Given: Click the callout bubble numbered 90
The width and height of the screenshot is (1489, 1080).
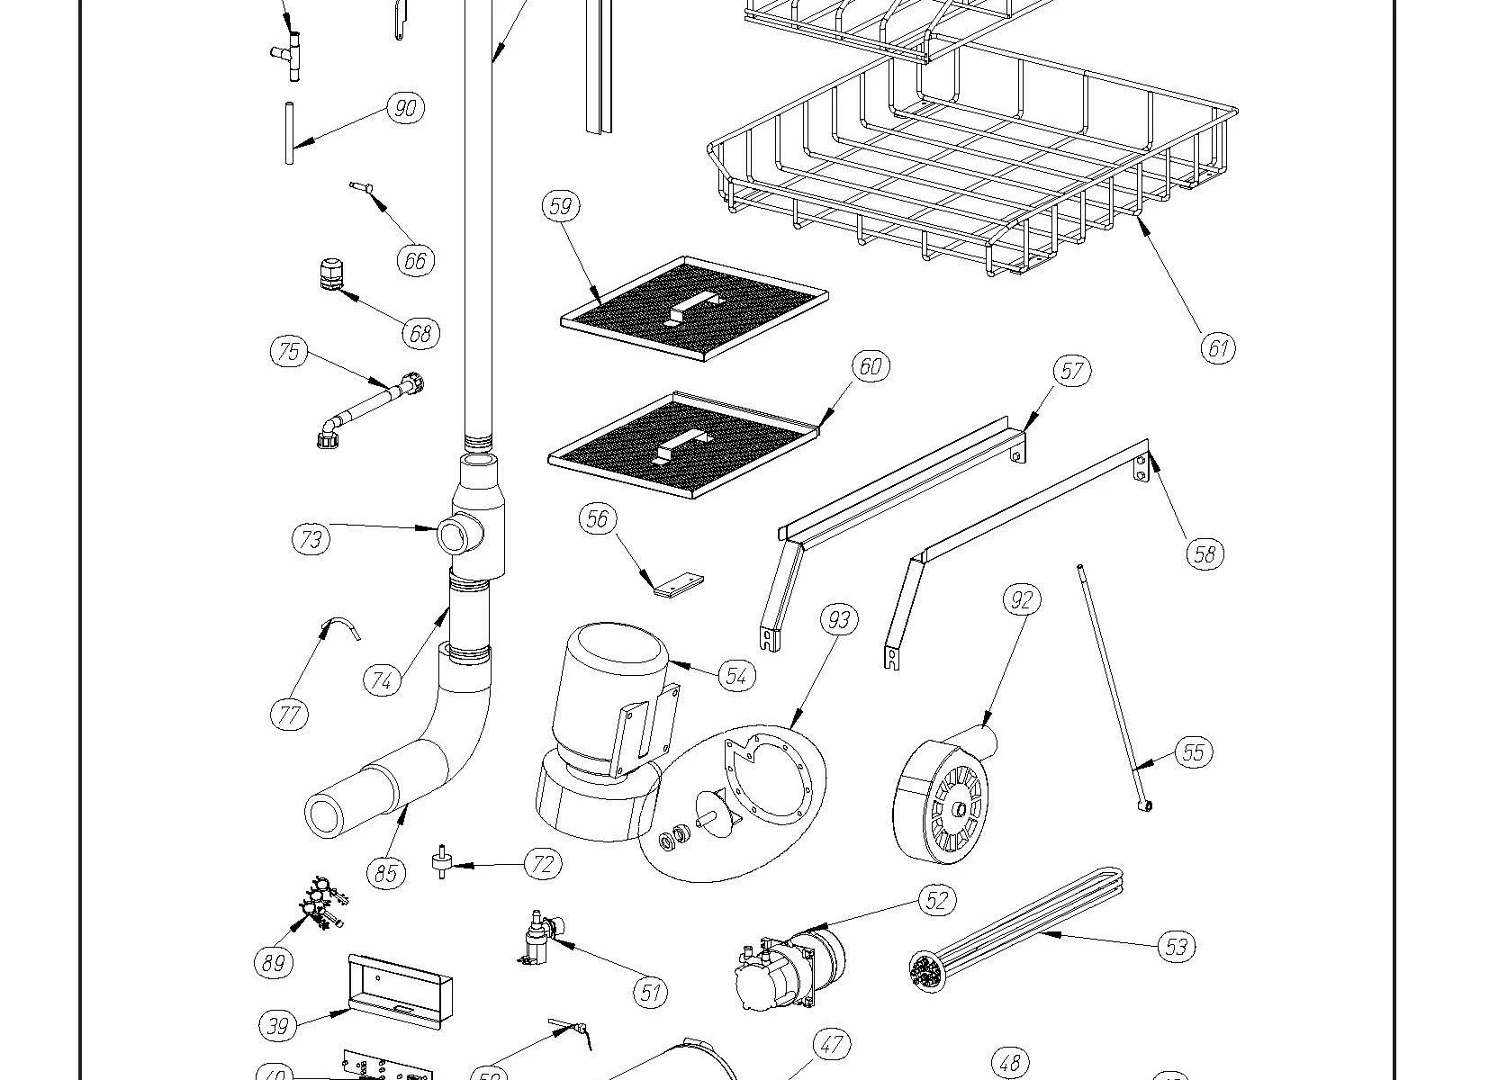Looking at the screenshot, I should [405, 108].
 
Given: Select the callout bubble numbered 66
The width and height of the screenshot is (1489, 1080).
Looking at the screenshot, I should [415, 260].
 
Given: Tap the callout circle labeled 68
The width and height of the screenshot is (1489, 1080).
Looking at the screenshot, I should [420, 333].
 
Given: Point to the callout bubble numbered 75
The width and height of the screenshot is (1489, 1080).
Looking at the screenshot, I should [288, 350].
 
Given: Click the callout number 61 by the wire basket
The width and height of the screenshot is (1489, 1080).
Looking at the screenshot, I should [1218, 347].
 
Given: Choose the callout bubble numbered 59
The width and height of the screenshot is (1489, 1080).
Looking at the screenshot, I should [560, 206].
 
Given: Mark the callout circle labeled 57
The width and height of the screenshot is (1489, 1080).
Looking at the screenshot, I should [1071, 370].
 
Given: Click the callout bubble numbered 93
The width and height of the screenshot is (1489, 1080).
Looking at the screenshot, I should [839, 619].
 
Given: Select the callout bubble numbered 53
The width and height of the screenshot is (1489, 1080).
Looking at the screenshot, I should [1176, 946].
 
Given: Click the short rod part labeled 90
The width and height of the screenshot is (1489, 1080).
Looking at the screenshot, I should [290, 133].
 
